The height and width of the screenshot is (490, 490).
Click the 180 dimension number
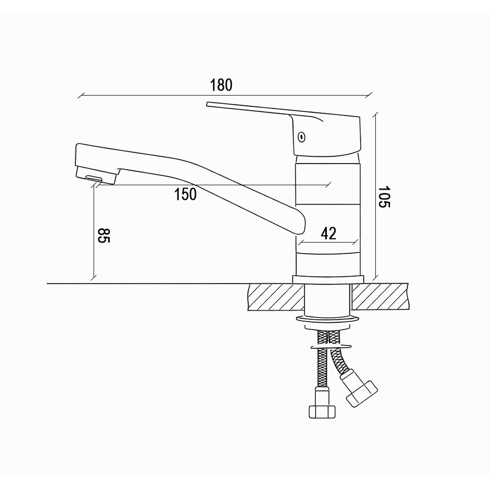pyautogui.click(x=221, y=85)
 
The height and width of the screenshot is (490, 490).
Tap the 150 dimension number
pyautogui.click(x=185, y=194)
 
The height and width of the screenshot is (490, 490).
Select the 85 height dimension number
pyautogui.click(x=104, y=236)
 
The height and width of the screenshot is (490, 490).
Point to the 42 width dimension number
pyautogui.click(x=328, y=233)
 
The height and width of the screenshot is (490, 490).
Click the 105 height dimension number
pyautogui.click(x=384, y=197)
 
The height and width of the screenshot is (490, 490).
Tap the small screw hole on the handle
pyautogui.click(x=301, y=137)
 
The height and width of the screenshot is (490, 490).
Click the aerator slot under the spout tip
pyautogui.click(x=94, y=178)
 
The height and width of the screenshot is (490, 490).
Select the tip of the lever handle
pyautogui.click(x=207, y=104)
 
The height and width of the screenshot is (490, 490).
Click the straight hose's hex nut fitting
pyautogui.click(x=322, y=412)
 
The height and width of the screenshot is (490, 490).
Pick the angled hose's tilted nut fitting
pyautogui.click(x=362, y=393)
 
